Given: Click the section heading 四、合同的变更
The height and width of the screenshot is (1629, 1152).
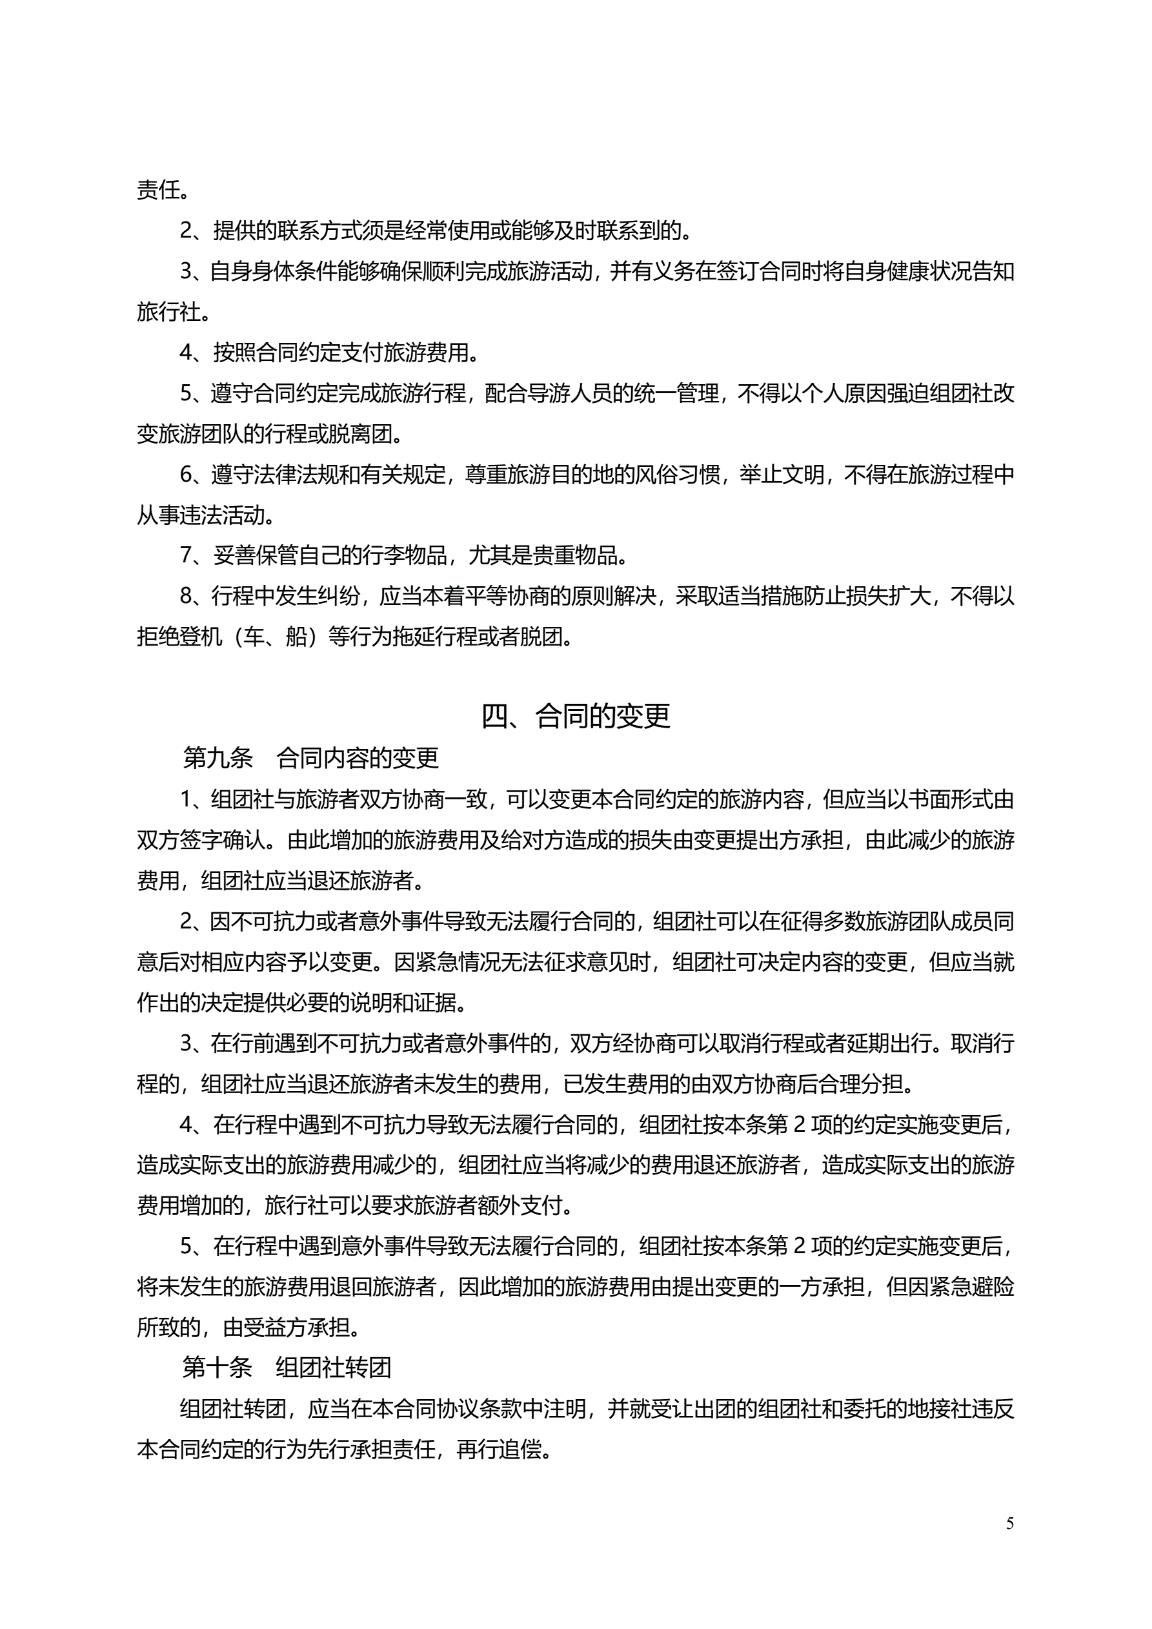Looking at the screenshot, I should tap(575, 716).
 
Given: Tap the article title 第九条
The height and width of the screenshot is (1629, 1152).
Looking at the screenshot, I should tap(217, 758).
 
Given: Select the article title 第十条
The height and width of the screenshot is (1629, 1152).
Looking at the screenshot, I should tap(217, 1368).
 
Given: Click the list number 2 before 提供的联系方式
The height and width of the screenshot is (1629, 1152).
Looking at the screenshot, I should tap(186, 231).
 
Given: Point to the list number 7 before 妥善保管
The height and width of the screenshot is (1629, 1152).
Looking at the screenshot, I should tap(186, 555).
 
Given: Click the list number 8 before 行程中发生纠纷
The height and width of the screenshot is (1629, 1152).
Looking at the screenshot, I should tap(186, 596).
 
